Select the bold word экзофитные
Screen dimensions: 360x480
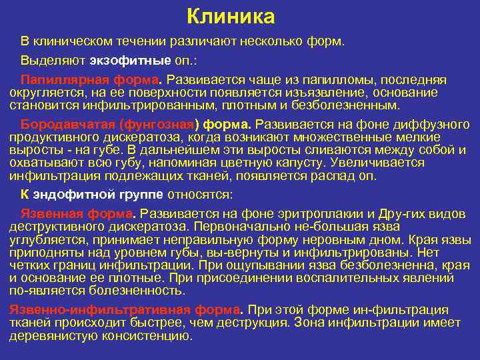pos(127,60)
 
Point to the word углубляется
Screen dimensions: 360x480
pos(45,239)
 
